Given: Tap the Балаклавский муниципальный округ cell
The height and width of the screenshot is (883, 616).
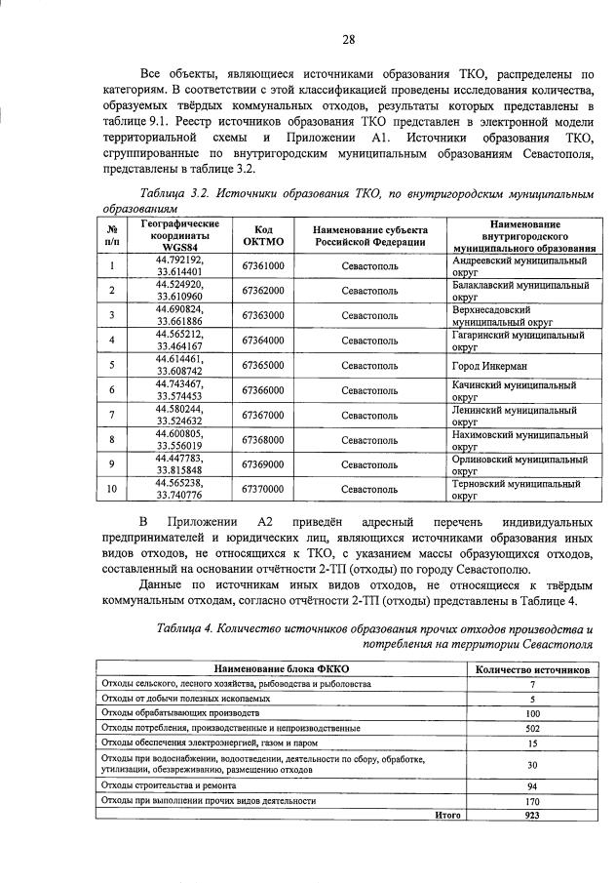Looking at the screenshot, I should pos(520,291).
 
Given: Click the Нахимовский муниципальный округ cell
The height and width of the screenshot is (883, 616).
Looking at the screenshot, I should pos(520,439).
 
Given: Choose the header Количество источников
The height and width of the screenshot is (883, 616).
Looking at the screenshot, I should pos(531,671).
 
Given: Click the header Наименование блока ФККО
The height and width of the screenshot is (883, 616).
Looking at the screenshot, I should pos(282,671).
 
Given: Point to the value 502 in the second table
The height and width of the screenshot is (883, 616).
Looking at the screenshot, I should pos(532,728).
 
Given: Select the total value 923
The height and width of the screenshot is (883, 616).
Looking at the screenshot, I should pos(532,815).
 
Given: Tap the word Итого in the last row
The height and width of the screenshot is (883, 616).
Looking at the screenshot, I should pos(448,815).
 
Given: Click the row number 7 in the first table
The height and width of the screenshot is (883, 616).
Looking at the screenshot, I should pos(113,415).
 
